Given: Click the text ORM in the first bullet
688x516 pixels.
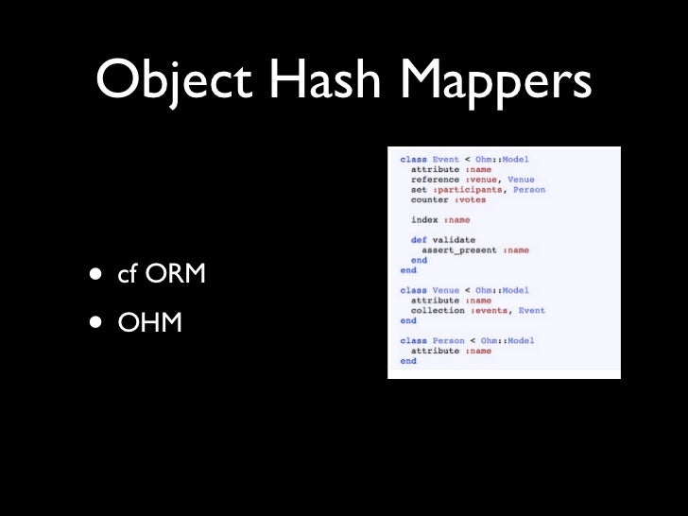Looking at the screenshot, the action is (x=173, y=276).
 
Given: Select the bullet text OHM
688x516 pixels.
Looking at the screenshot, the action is (x=149, y=323).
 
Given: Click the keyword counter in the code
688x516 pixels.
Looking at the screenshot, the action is (x=430, y=200).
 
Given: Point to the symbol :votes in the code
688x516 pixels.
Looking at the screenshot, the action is (x=473, y=200).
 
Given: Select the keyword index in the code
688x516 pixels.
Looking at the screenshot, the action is (x=424, y=220).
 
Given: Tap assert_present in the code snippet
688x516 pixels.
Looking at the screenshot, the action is (x=458, y=250).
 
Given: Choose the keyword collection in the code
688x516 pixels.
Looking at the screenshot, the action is (x=438, y=310).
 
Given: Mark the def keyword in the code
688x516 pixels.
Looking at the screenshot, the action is (x=417, y=240).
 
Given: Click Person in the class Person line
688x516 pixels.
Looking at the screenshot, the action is (x=449, y=340).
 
